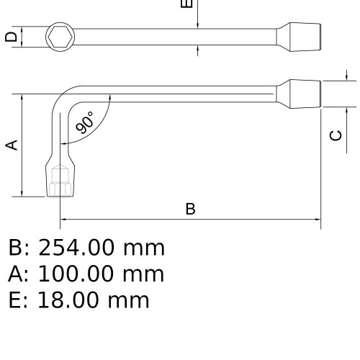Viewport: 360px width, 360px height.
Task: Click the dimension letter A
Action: point(12,145)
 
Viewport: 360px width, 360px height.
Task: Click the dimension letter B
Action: point(190,209)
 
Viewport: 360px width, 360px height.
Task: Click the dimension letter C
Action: point(336,135)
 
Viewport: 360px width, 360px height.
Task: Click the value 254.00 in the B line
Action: point(75,248)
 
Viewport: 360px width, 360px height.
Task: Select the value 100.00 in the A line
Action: point(76,274)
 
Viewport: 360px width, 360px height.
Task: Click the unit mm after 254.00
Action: point(144,248)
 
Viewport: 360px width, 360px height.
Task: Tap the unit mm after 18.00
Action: point(129,300)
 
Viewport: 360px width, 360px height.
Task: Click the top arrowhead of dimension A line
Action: point(23,97)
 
